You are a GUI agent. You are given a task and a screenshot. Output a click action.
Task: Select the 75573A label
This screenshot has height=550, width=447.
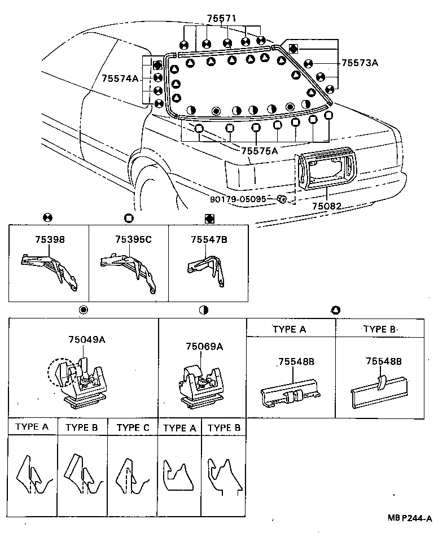[x=359, y=63]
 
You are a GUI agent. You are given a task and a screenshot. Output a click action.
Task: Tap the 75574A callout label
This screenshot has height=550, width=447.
[x=120, y=78]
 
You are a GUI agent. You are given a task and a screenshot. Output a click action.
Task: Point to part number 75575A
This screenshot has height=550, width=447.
[x=260, y=151]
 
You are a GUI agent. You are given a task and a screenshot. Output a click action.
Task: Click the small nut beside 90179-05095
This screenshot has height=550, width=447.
[x=282, y=199]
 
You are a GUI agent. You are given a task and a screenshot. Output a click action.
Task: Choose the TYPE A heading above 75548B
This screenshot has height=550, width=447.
[x=289, y=329]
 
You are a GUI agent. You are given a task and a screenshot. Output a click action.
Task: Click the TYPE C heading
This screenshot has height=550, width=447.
[x=133, y=427]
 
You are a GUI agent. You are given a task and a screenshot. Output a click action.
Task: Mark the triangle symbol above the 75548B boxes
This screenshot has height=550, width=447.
[x=335, y=309]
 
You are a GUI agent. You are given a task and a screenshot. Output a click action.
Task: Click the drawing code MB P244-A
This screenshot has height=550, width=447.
[x=410, y=518]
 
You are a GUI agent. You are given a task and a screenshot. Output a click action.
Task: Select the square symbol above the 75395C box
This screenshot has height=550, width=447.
[x=128, y=217]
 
